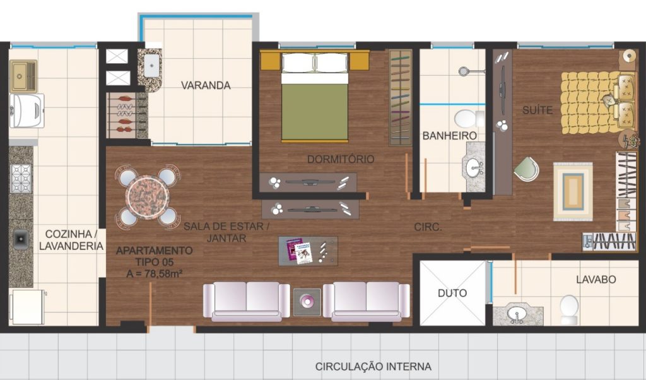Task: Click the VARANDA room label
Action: (x=206, y=85)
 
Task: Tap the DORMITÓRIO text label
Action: (x=341, y=159)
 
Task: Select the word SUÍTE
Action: (x=537, y=110)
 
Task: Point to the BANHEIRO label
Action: (x=449, y=136)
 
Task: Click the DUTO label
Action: (x=452, y=293)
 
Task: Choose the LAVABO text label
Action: (x=596, y=280)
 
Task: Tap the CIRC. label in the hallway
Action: (x=428, y=227)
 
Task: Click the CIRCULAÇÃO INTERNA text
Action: (x=373, y=366)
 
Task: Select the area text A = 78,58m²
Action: (x=155, y=273)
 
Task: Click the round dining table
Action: (x=148, y=198)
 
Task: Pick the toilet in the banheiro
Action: (x=469, y=119)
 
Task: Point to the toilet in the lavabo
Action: (x=570, y=310)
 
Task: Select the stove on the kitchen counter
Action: (x=21, y=179)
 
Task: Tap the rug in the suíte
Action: (x=573, y=192)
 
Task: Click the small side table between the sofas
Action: (x=307, y=302)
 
